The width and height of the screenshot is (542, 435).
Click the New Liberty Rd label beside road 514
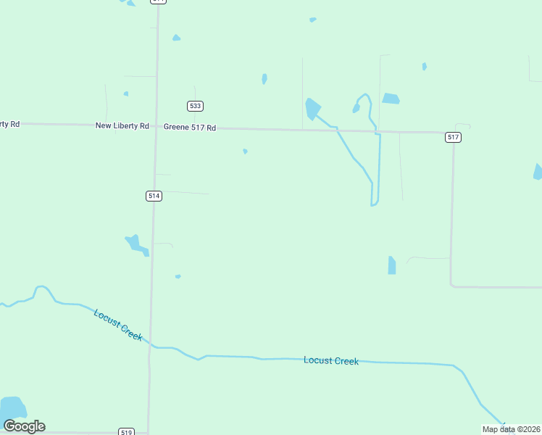(x=122, y=125)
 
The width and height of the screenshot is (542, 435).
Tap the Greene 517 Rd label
(x=190, y=128)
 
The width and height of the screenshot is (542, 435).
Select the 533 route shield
(x=194, y=106)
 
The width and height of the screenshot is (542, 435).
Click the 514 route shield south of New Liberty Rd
(x=153, y=196)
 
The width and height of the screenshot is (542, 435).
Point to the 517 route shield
(x=453, y=137)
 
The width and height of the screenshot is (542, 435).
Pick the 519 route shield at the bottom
(x=127, y=432)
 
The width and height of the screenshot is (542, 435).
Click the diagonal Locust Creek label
(x=118, y=325)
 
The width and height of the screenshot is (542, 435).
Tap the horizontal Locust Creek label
(x=331, y=360)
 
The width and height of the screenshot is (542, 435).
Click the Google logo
(x=25, y=426)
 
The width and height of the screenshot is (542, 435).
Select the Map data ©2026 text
(x=511, y=429)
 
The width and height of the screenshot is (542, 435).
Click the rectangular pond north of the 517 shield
(x=391, y=99)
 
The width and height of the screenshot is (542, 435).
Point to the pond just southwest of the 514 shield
(x=136, y=244)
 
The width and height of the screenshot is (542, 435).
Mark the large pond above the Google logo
(x=12, y=407)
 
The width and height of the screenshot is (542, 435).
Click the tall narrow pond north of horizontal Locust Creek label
(x=392, y=265)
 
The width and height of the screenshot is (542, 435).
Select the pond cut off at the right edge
(x=538, y=172)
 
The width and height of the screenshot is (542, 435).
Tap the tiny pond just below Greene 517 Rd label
(x=246, y=152)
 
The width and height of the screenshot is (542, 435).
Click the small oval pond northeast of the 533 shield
(x=264, y=78)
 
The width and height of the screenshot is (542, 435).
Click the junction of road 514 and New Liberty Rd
(x=155, y=127)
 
